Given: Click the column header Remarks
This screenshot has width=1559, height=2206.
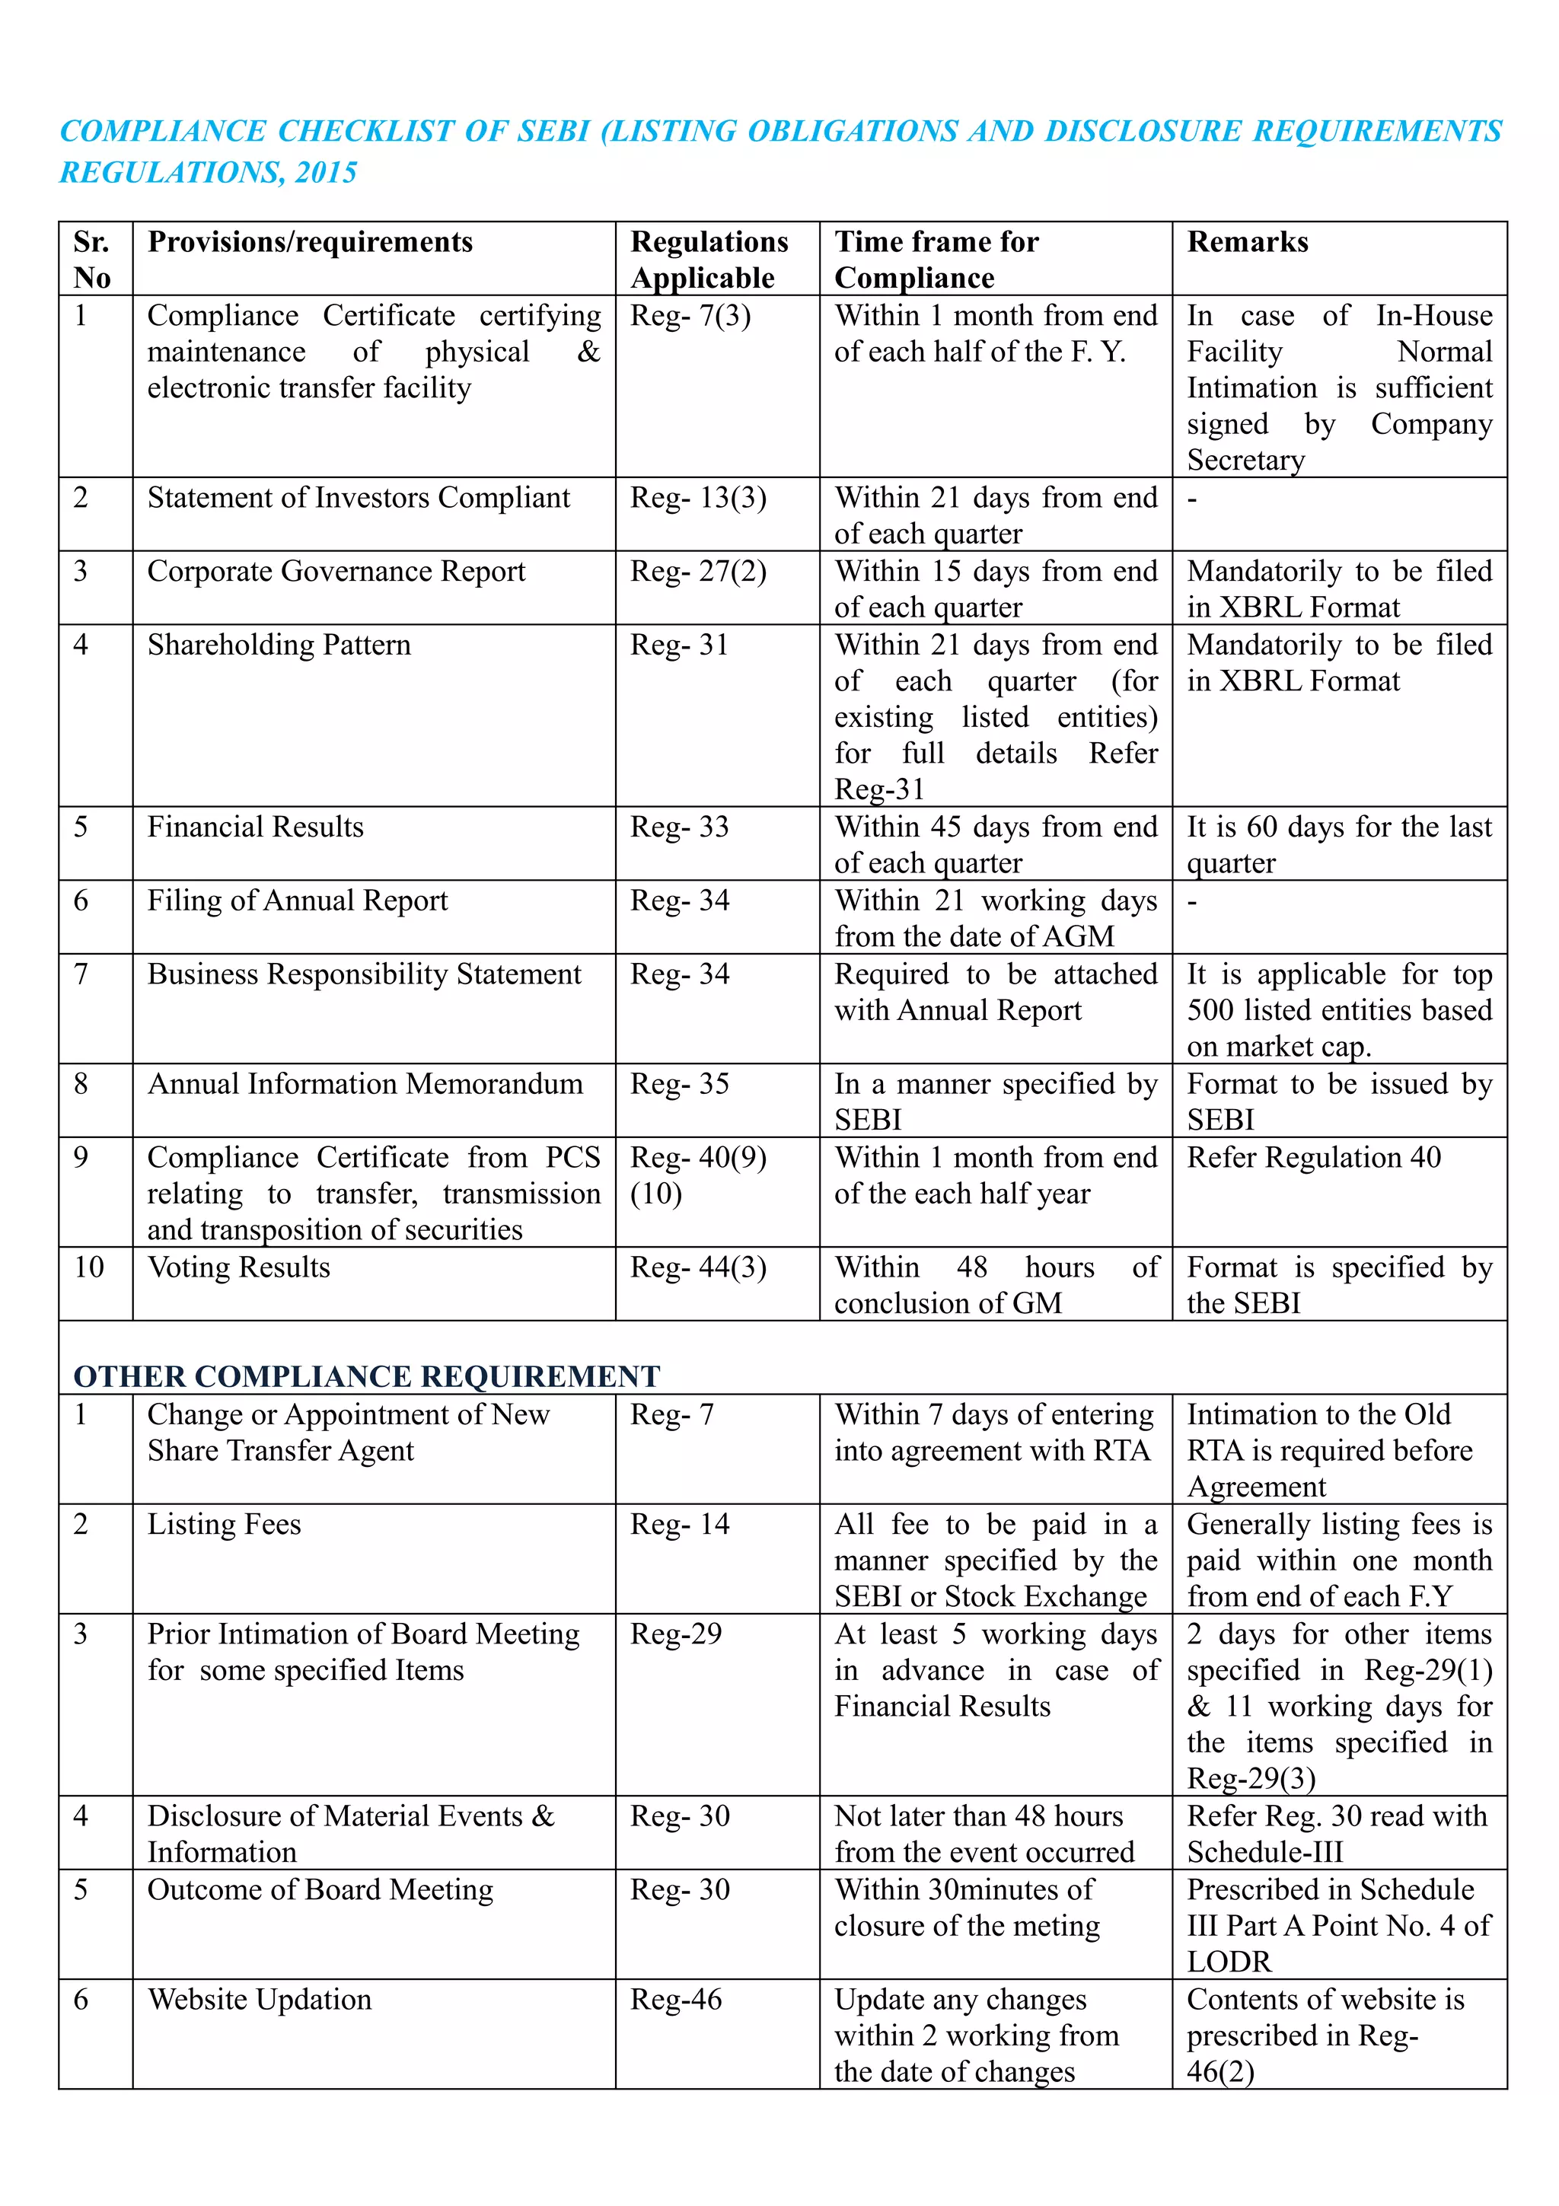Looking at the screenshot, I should [1247, 242].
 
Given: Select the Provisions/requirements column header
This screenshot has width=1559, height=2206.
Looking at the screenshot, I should [309, 242].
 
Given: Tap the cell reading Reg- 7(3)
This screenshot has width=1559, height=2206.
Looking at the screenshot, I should [690, 316].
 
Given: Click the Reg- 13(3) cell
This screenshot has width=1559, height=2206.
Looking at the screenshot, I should [697, 498].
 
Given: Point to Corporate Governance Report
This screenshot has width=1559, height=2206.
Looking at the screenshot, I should [336, 572].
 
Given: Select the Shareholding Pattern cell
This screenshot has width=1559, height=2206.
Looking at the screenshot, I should [279, 645].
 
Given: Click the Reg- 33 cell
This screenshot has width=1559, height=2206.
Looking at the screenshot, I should [679, 827].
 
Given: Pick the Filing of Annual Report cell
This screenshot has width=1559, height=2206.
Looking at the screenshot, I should [297, 901].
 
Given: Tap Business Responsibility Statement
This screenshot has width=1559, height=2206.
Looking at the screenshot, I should [364, 974].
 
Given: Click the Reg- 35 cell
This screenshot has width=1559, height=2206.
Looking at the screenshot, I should [679, 1084].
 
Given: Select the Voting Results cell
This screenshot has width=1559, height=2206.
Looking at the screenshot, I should [238, 1267].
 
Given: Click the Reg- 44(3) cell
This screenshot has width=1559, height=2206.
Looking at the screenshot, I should [697, 1267].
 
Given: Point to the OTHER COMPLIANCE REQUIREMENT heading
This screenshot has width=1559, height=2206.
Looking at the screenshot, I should [366, 1376].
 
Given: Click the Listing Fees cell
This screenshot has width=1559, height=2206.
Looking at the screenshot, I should [224, 1525].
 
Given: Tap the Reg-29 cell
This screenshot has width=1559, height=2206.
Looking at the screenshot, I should [675, 1634].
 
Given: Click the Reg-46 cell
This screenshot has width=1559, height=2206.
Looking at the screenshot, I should [675, 2000].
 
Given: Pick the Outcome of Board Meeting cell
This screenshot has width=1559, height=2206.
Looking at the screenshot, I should [320, 1890].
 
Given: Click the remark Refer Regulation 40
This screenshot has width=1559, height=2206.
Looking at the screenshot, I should [1313, 1158].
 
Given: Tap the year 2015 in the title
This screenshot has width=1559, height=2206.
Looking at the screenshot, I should [327, 173].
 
